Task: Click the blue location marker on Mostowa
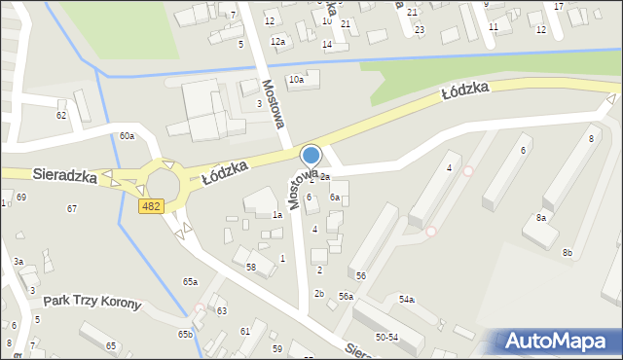point(311,156)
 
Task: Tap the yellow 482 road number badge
point(150,205)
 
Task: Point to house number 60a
point(127,136)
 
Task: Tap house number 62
point(61,115)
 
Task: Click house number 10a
point(295,80)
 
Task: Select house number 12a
point(277,42)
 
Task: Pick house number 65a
point(190,281)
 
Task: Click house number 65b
point(185,334)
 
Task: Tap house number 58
point(251,267)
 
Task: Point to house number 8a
point(540,218)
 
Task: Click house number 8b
point(568,253)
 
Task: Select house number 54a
point(407,299)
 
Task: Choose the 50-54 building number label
point(386,337)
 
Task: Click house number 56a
point(346,296)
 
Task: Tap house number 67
point(71,209)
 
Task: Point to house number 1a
point(277,215)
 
